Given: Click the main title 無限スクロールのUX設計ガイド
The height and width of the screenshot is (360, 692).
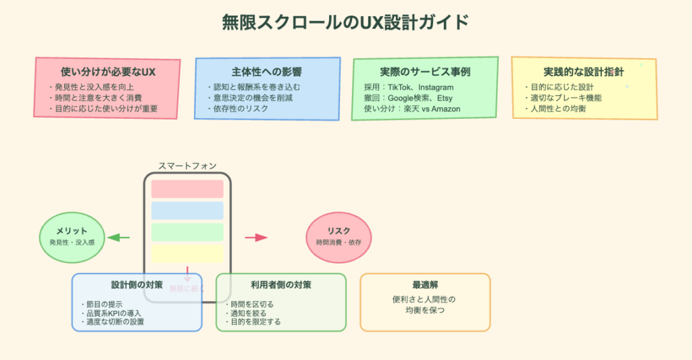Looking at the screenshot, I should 345,22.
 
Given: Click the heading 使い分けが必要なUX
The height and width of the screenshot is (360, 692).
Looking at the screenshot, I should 108,72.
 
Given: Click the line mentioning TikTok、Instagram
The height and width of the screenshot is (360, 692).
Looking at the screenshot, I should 409,87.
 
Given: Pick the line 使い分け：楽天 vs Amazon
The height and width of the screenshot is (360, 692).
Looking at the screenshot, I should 412,109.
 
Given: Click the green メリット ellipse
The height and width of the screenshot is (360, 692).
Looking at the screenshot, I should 72,236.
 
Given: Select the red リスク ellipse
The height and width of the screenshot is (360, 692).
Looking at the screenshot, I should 339,236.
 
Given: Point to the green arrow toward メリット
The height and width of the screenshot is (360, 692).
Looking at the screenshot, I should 118,237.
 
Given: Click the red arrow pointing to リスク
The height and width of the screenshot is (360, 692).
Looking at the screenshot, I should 256,237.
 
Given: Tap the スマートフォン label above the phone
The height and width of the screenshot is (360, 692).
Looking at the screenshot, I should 187,165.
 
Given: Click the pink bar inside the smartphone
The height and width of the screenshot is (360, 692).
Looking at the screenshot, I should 187,189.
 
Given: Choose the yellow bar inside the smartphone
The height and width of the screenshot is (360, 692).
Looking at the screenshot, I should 187,254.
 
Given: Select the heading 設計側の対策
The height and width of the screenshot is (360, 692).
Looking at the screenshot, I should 137,285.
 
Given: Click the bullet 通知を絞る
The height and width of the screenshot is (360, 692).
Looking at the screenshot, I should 248,313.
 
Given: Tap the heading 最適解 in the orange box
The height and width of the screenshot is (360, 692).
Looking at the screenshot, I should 425,285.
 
